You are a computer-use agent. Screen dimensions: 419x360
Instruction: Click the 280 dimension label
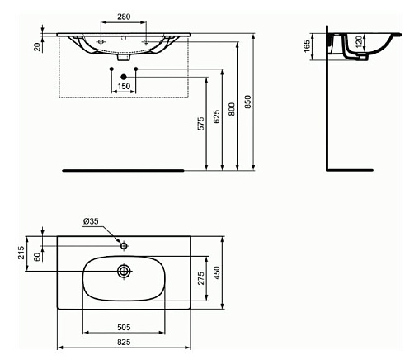pyautogui.click(x=124, y=17)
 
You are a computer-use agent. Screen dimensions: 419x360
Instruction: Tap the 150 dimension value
pyautogui.click(x=124, y=86)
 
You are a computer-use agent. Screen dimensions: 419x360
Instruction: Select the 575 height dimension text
pyautogui.click(x=201, y=124)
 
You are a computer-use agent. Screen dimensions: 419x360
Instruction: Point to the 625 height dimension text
pyautogui.click(x=217, y=116)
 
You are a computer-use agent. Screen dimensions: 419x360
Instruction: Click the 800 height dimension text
pyautogui.click(x=233, y=109)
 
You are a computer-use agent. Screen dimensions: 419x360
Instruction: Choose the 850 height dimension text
pyautogui.click(x=248, y=102)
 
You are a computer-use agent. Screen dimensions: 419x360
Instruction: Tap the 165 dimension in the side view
pyautogui.click(x=307, y=46)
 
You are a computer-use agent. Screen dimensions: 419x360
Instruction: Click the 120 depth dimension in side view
pyautogui.click(x=360, y=41)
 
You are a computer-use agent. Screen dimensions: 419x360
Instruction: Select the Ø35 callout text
pyautogui.click(x=91, y=221)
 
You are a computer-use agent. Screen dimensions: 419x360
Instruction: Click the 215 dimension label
pyautogui.click(x=21, y=253)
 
